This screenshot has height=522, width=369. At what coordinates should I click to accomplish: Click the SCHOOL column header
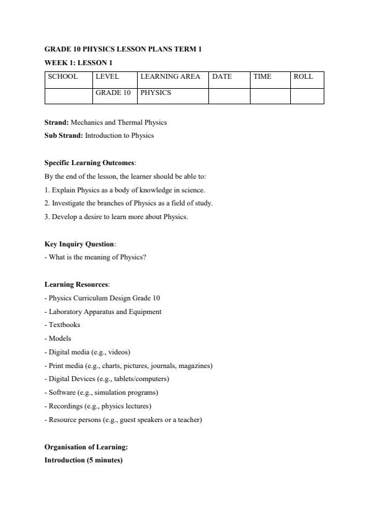click(x=63, y=77)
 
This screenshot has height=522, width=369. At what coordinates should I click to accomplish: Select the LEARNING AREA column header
click(x=171, y=77)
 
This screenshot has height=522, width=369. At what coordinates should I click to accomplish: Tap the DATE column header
click(x=222, y=77)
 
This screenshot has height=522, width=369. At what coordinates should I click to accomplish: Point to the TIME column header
click(x=262, y=77)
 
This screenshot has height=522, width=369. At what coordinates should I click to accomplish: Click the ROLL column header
click(x=303, y=77)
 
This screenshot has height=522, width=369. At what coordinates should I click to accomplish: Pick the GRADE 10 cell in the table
click(x=113, y=92)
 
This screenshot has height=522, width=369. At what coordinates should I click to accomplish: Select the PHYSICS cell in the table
click(x=156, y=92)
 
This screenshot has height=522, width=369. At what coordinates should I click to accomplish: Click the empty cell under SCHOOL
click(x=69, y=96)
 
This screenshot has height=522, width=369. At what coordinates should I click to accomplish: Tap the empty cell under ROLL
click(x=307, y=96)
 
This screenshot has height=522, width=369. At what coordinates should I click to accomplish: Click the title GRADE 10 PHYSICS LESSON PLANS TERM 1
click(x=123, y=48)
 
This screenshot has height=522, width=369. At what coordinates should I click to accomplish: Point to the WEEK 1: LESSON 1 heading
click(x=78, y=62)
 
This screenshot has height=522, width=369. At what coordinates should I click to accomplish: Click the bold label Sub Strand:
click(x=64, y=135)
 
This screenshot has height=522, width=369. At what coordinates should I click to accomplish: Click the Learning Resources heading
click(x=76, y=284)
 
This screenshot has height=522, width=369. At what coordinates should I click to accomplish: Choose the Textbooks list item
click(x=63, y=325)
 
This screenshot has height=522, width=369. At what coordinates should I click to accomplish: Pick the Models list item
click(x=58, y=338)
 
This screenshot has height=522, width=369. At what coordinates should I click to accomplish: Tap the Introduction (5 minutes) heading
click(x=83, y=460)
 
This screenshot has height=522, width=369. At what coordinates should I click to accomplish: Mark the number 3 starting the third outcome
click(x=47, y=217)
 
